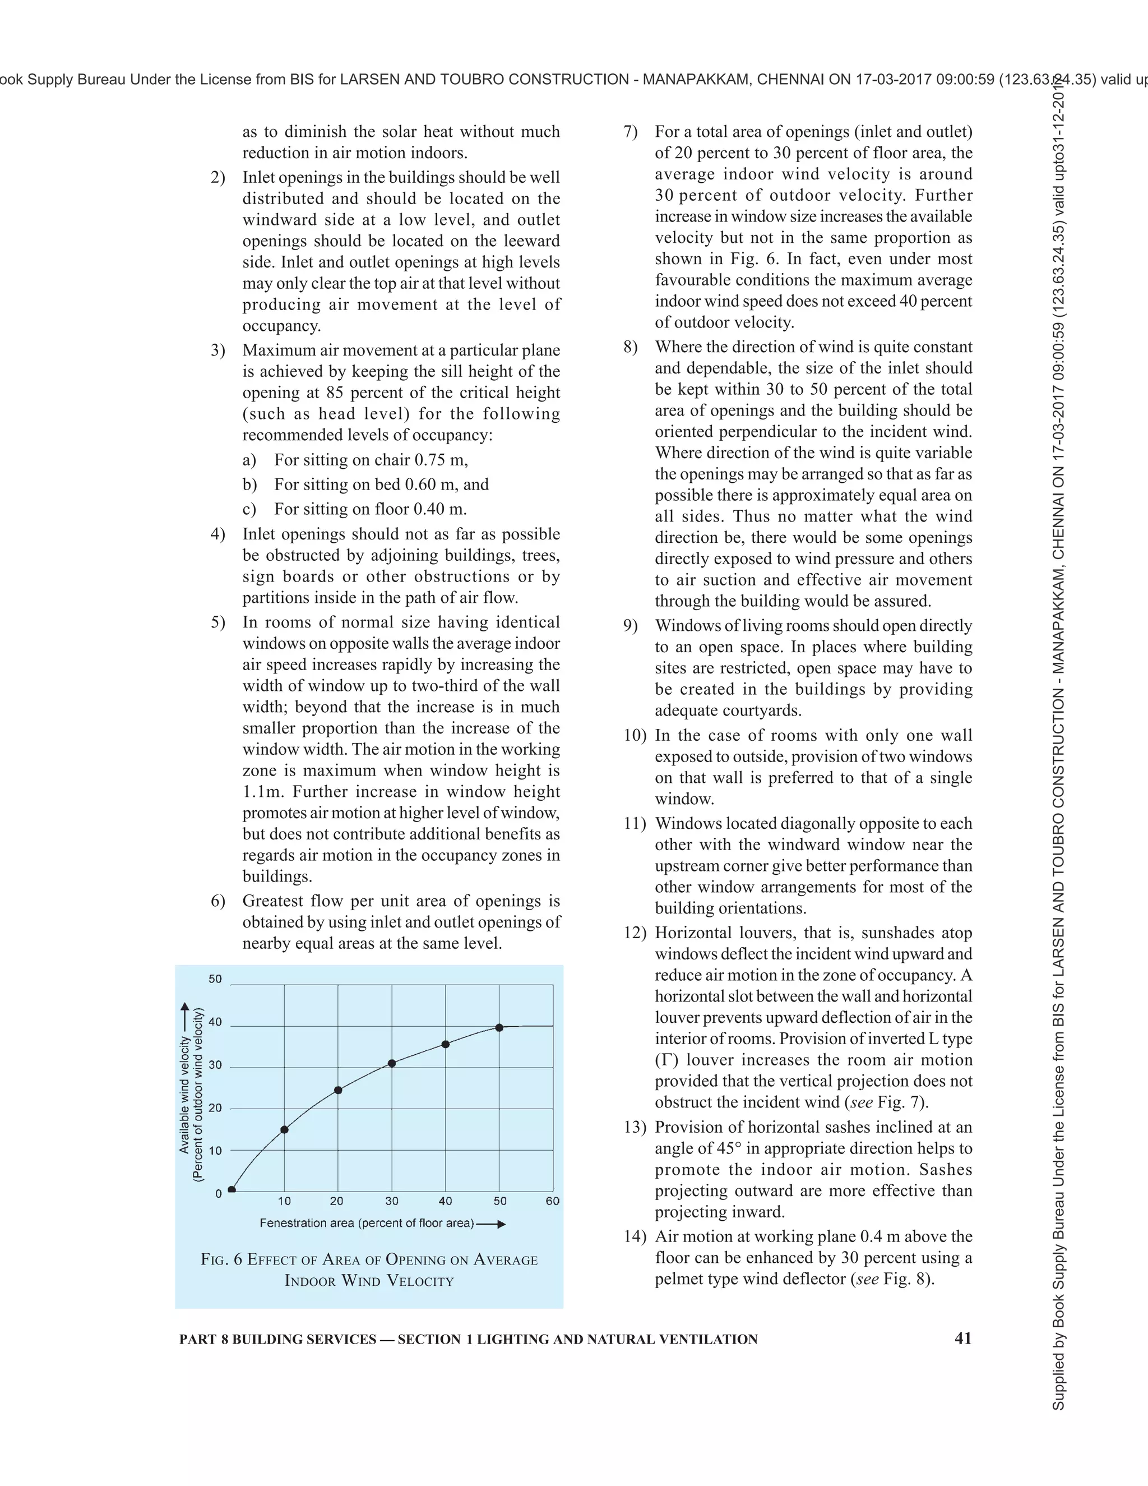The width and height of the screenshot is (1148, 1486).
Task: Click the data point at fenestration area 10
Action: (284, 1129)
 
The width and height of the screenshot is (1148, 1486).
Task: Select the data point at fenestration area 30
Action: (392, 1063)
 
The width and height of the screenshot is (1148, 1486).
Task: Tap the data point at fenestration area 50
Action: (499, 1027)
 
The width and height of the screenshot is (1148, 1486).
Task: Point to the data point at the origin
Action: (232, 1189)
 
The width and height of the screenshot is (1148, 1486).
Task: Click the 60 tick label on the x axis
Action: (552, 1201)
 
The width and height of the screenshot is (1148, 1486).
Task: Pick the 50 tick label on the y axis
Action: (215, 979)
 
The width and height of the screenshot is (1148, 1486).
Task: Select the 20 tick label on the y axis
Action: (215, 1107)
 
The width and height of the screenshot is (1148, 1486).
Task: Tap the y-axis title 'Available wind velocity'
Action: (184, 1096)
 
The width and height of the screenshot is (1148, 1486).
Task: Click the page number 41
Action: (963, 1339)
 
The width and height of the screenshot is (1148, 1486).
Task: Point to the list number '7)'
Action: (631, 131)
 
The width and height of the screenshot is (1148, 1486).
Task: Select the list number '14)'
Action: (635, 1236)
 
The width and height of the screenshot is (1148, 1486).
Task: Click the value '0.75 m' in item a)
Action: (441, 460)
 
